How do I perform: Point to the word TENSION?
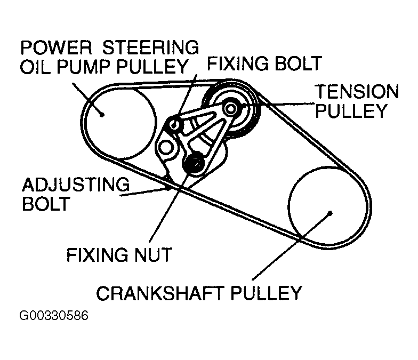click(x=356, y=92)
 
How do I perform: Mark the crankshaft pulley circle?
click(x=326, y=206)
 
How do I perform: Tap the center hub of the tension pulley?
click(x=231, y=108)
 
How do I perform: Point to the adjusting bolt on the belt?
click(x=168, y=186)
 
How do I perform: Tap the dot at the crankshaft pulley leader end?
click(x=331, y=213)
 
